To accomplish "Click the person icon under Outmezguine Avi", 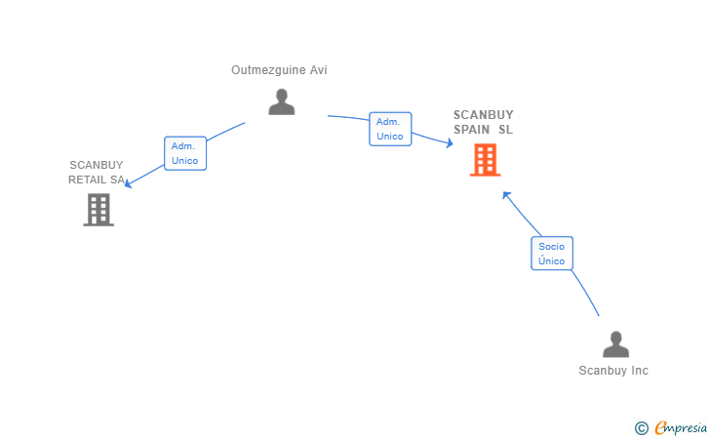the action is (281, 101).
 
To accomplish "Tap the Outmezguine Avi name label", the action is (279, 70).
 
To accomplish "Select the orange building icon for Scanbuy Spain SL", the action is (485, 160).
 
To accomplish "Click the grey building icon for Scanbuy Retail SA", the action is (99, 210).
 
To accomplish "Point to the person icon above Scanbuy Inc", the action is (615, 344).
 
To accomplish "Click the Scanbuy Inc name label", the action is (613, 371).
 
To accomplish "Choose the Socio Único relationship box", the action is (552, 254).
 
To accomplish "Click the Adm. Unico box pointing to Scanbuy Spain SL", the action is (390, 129).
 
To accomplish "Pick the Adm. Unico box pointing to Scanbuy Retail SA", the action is (185, 153).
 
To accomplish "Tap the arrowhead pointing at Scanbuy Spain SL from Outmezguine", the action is (450, 143).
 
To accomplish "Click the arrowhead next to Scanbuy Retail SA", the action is (128, 183).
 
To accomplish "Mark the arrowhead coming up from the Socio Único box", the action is (506, 195).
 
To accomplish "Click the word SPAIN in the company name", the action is (471, 130).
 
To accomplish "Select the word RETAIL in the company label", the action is (88, 180).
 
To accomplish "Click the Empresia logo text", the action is (681, 427).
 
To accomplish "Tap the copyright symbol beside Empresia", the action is (641, 428).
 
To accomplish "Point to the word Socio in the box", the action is (552, 247).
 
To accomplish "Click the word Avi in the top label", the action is (318, 70).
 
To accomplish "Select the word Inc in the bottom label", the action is (640, 371).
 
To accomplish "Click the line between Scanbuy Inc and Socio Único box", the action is (586, 293).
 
